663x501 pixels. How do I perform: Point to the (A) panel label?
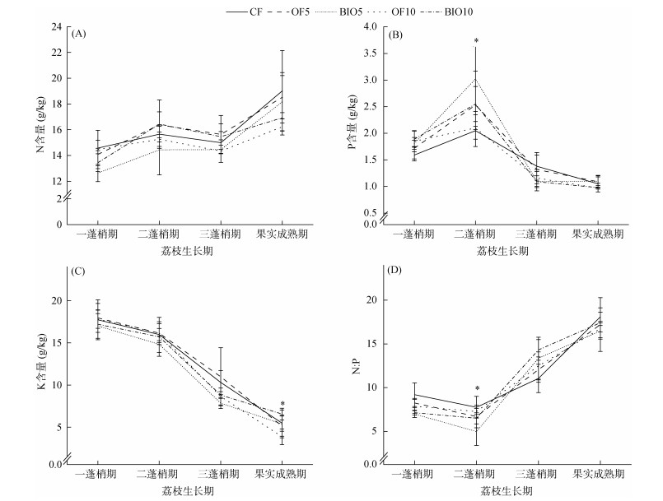point(79,34)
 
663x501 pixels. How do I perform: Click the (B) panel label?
point(395,34)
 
